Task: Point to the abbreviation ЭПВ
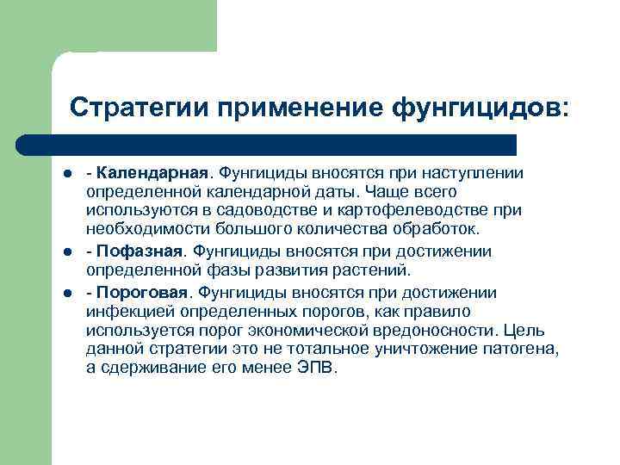pos(318,368)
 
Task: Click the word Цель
pos(524,330)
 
